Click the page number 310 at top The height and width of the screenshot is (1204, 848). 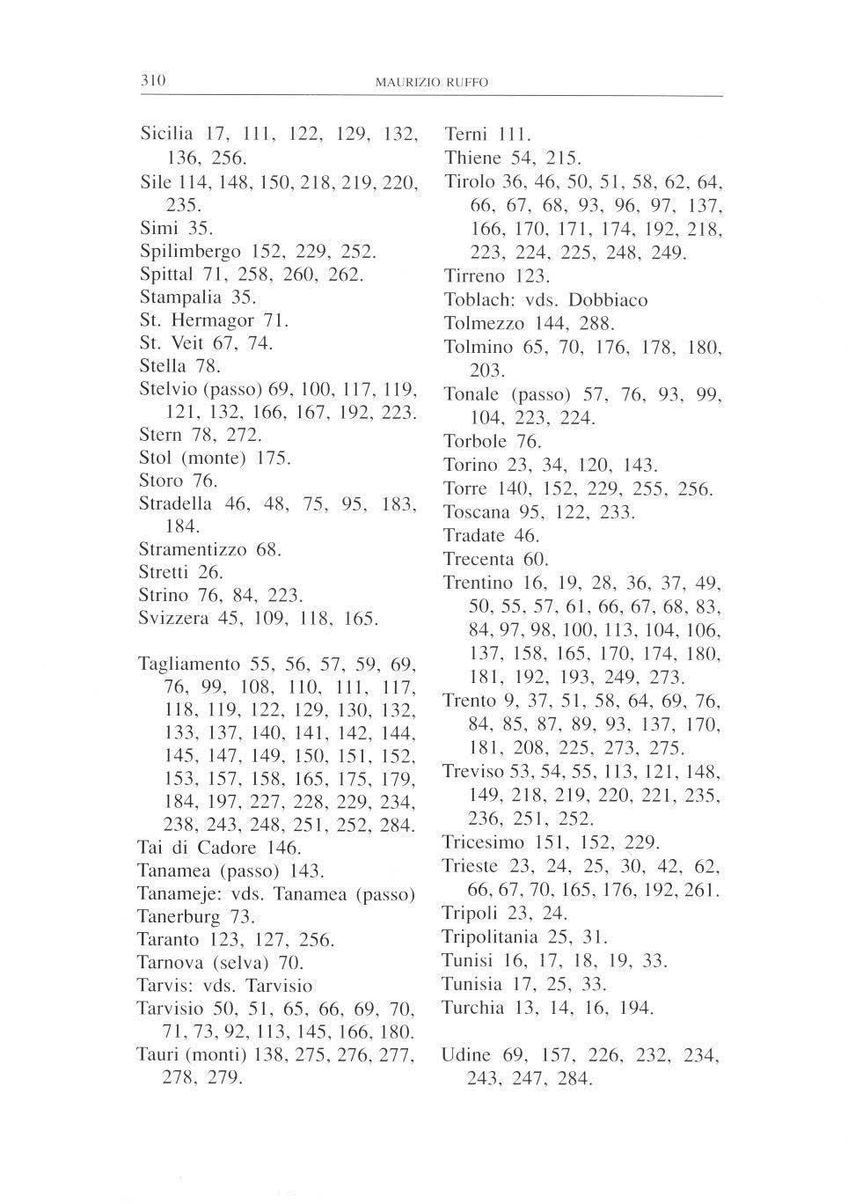[x=154, y=81]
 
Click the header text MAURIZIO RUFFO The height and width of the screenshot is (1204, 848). [x=431, y=83]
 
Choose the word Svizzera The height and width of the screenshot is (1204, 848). [x=173, y=618]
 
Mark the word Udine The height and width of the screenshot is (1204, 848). [x=466, y=1054]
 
